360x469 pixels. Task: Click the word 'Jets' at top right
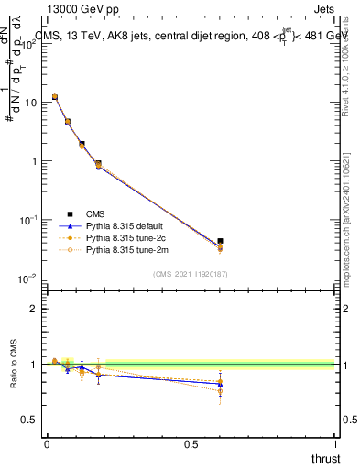click(x=322, y=11)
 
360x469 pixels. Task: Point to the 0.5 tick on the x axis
click(x=191, y=444)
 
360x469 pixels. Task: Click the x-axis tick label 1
click(x=335, y=444)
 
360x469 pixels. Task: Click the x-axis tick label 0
click(x=47, y=444)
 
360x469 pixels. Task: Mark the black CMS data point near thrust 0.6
click(x=220, y=241)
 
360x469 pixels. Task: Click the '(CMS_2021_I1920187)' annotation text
click(x=190, y=272)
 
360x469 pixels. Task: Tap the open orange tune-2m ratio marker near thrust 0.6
click(x=220, y=391)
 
